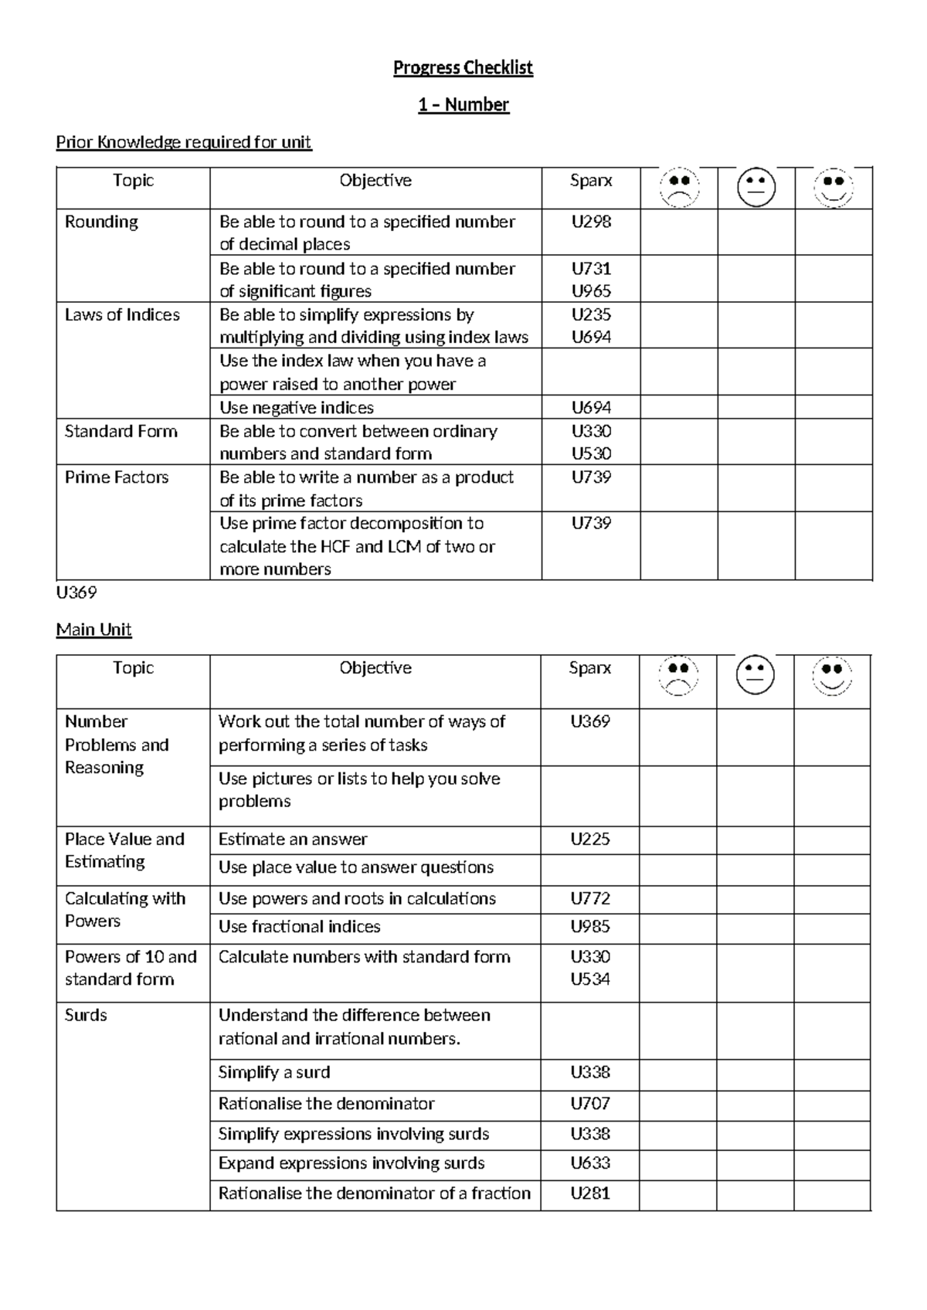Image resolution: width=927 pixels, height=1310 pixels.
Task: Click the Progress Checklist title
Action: pyautogui.click(x=463, y=68)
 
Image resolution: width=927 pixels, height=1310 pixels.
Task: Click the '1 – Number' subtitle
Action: pyautogui.click(x=463, y=105)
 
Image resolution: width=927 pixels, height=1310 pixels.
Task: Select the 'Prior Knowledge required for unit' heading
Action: pyautogui.click(x=184, y=142)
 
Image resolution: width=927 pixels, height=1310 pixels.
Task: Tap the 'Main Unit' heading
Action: pyautogui.click(x=93, y=630)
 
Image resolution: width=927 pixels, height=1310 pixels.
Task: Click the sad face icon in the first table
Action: pyautogui.click(x=679, y=188)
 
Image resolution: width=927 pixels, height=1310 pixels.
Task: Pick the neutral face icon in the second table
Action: pyautogui.click(x=755, y=675)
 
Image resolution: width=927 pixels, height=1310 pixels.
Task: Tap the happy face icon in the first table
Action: pyautogui.click(x=833, y=188)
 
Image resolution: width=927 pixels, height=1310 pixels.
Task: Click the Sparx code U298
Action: pyautogui.click(x=591, y=222)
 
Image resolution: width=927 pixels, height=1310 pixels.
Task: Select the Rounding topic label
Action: pyautogui.click(x=101, y=222)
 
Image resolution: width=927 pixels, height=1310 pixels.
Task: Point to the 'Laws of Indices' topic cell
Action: pyautogui.click(x=122, y=314)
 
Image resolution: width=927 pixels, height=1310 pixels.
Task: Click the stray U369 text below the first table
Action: pyautogui.click(x=76, y=592)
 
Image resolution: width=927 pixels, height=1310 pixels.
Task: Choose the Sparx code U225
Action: pyautogui.click(x=590, y=839)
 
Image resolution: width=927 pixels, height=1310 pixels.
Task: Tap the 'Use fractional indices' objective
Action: pyautogui.click(x=299, y=926)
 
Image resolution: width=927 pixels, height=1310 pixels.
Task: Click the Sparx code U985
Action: pyautogui.click(x=590, y=926)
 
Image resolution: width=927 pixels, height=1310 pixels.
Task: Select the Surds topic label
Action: pyautogui.click(x=86, y=1015)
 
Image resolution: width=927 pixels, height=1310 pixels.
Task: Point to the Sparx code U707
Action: pyautogui.click(x=590, y=1103)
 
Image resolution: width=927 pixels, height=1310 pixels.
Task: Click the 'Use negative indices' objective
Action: pyautogui.click(x=296, y=407)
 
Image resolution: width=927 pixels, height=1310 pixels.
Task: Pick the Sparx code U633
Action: pyautogui.click(x=590, y=1162)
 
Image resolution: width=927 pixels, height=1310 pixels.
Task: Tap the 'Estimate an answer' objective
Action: pyautogui.click(x=293, y=839)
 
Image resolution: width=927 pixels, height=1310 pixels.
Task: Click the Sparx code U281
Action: pyautogui.click(x=590, y=1193)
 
